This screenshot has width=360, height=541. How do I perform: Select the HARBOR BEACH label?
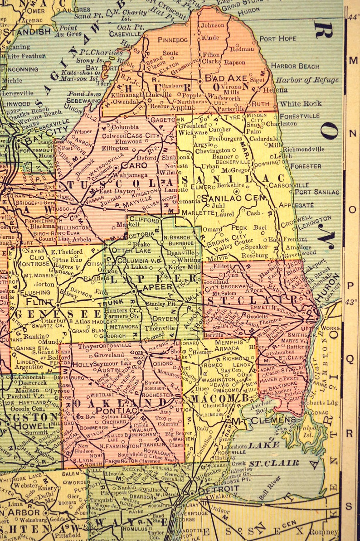(295, 66)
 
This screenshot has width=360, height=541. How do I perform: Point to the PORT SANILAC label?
(317, 192)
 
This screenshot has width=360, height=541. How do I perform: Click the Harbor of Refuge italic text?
(307, 80)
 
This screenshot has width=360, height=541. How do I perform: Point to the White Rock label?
(301, 103)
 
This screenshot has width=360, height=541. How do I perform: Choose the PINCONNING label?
(20, 69)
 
